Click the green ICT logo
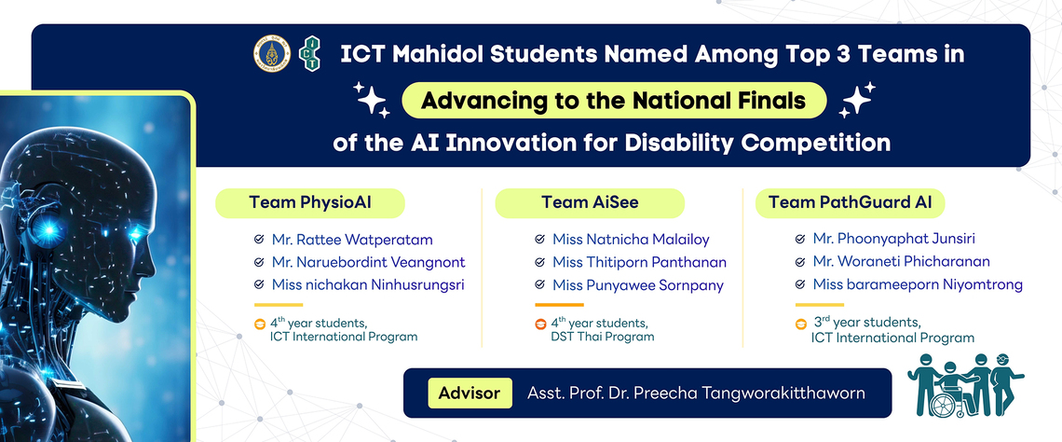tap(311, 54)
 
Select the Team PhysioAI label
tap(310, 202)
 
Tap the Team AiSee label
tap(590, 202)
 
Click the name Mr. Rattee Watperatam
tap(352, 240)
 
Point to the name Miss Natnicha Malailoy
tap(632, 240)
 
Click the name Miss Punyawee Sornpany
tap(638, 285)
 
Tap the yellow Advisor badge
tap(470, 394)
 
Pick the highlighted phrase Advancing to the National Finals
tap(614, 101)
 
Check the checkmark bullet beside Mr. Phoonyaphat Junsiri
tap(800, 240)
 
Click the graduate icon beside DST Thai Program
tap(539, 325)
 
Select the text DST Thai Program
tap(602, 337)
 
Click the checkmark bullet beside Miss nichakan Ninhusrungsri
tap(259, 284)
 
